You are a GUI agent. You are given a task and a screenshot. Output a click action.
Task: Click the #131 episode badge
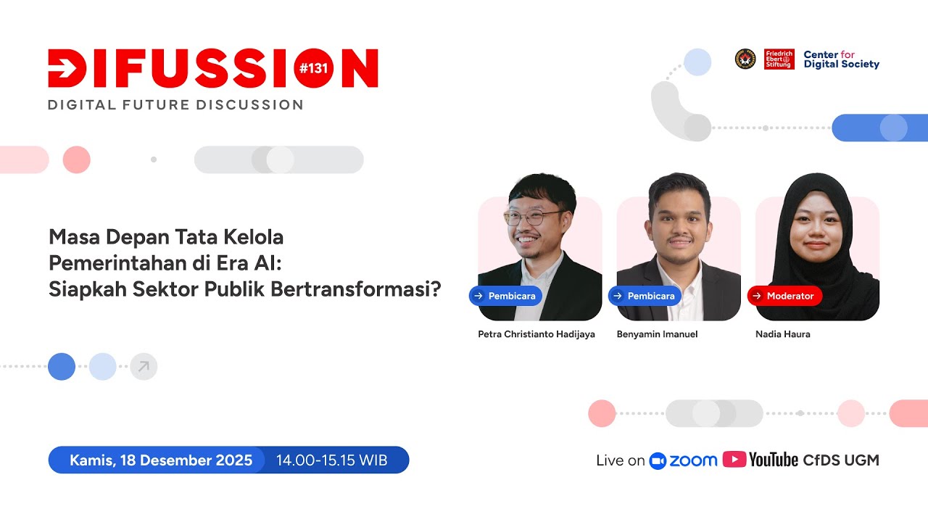(314, 68)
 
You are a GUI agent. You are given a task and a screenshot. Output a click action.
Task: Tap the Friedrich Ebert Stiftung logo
(779, 59)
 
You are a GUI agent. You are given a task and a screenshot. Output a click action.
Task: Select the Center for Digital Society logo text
(841, 59)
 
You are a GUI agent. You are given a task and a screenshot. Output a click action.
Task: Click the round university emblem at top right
(745, 59)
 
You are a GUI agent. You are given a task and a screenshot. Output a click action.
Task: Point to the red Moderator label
(784, 296)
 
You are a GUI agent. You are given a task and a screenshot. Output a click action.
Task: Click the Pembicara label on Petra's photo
(505, 296)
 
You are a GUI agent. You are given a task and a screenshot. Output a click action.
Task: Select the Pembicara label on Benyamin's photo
(645, 296)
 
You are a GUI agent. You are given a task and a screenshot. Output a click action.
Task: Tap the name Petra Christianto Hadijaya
(536, 334)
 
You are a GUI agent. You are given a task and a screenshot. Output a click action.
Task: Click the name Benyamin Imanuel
(657, 334)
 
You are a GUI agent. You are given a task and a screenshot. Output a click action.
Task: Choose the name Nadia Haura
(783, 334)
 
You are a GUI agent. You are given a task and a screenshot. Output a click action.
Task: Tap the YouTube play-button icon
(734, 460)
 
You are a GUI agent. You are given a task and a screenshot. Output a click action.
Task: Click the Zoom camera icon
(658, 460)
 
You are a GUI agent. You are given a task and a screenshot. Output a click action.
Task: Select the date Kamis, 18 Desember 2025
(161, 460)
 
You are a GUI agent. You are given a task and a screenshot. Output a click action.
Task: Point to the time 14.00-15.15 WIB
(332, 460)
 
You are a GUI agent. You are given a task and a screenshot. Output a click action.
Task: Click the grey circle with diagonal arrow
(144, 367)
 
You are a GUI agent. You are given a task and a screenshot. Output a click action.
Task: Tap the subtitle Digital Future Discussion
(175, 105)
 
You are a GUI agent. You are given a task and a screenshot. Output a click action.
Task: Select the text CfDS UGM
(841, 460)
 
